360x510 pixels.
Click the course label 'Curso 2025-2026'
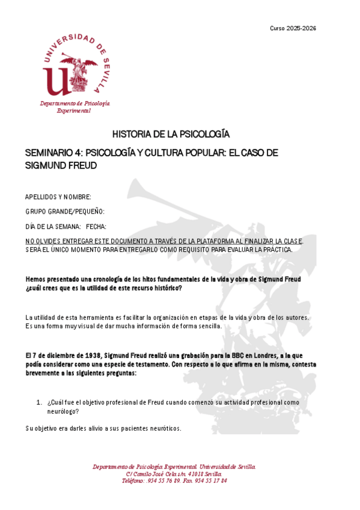(x=293, y=28)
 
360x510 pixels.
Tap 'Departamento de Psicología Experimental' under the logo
(x=75, y=107)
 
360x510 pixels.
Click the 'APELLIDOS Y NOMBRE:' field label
(x=58, y=197)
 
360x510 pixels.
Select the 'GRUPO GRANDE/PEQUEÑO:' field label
(x=65, y=211)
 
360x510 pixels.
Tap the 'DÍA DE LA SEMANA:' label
(x=53, y=226)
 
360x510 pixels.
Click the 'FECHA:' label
(x=96, y=226)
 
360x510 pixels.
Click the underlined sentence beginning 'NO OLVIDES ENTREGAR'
(x=164, y=241)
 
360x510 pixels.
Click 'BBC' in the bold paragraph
(x=225, y=355)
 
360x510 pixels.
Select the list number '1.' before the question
(x=39, y=401)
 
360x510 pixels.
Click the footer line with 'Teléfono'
(x=174, y=481)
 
